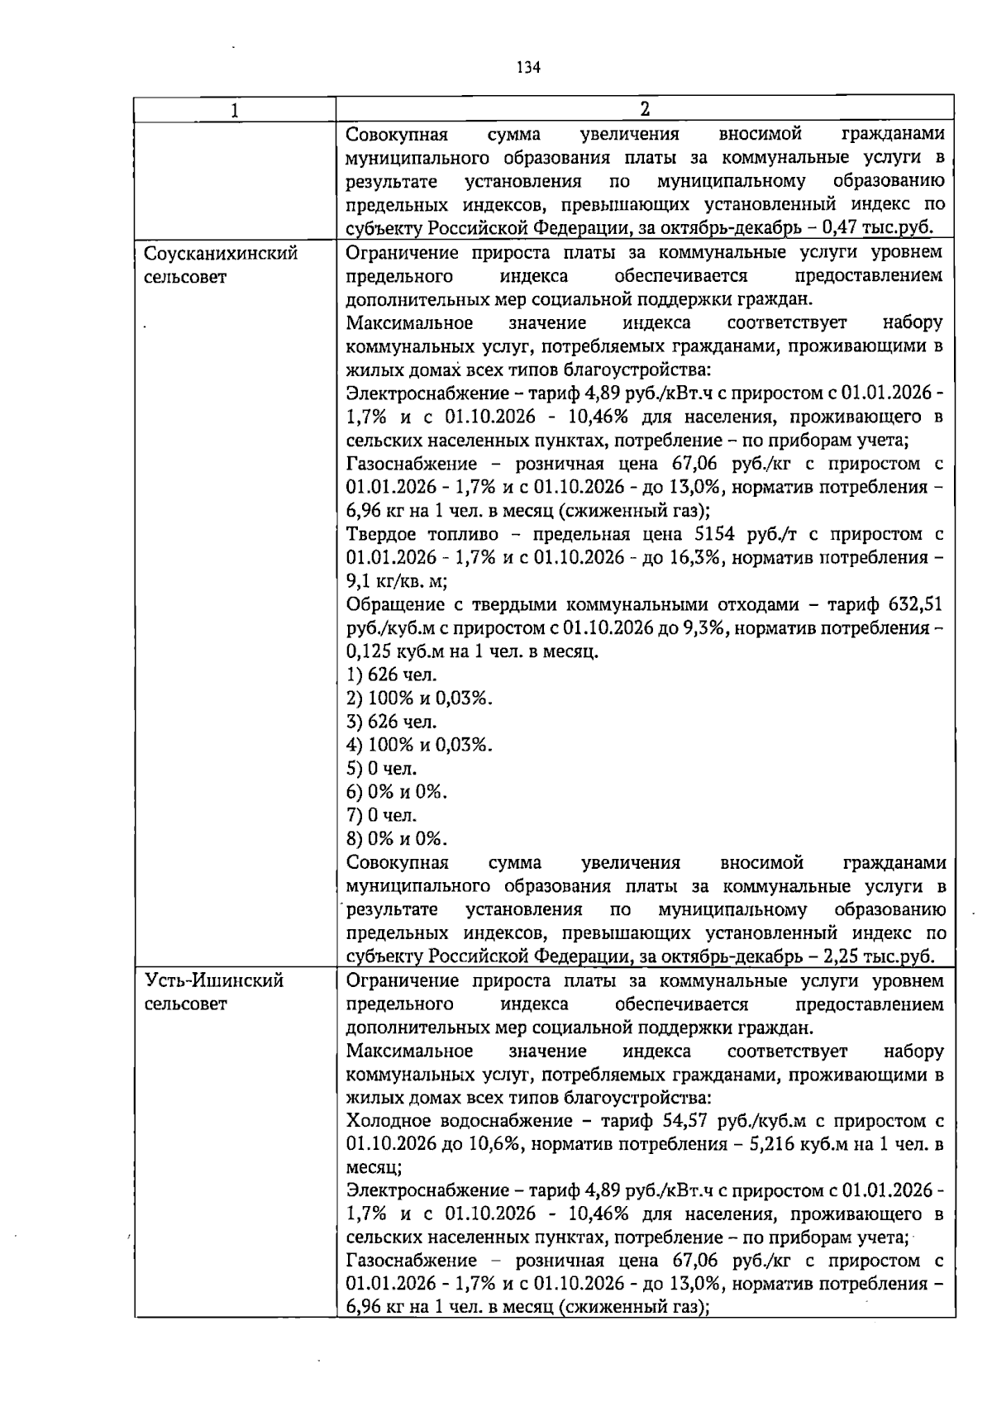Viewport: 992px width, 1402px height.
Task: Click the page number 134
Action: pyautogui.click(x=529, y=68)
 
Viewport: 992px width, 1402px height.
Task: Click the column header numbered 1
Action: pyautogui.click(x=235, y=110)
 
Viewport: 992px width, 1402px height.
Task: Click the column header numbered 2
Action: pyautogui.click(x=645, y=109)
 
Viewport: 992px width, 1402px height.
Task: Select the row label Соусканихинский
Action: pyautogui.click(x=221, y=253)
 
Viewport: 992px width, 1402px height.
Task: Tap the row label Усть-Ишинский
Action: pyautogui.click(x=214, y=981)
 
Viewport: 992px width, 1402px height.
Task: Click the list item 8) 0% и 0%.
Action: pyautogui.click(x=397, y=839)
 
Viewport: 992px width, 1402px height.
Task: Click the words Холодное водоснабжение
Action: pyautogui.click(x=456, y=1121)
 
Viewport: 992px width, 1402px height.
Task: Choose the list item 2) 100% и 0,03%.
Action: pyautogui.click(x=419, y=699)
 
